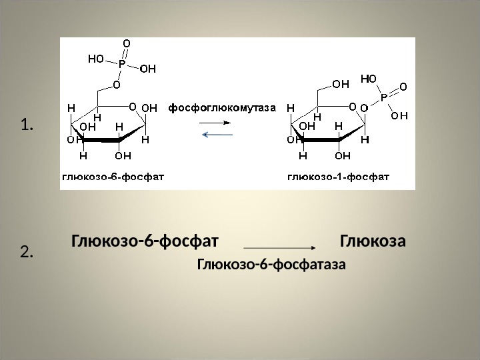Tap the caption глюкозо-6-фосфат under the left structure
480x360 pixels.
[114, 177]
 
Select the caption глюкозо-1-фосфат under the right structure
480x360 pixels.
[339, 177]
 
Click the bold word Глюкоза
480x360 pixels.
[373, 240]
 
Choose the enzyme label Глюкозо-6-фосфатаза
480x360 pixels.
[271, 265]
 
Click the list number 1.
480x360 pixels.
[27, 125]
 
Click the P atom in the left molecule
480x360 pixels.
[122, 65]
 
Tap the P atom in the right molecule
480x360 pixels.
[385, 97]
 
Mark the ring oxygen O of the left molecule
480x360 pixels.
[132, 106]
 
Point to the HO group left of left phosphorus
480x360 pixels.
[97, 59]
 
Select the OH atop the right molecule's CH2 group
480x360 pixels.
[341, 84]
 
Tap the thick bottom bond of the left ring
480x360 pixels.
[101, 139]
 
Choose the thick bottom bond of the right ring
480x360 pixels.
[320, 139]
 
